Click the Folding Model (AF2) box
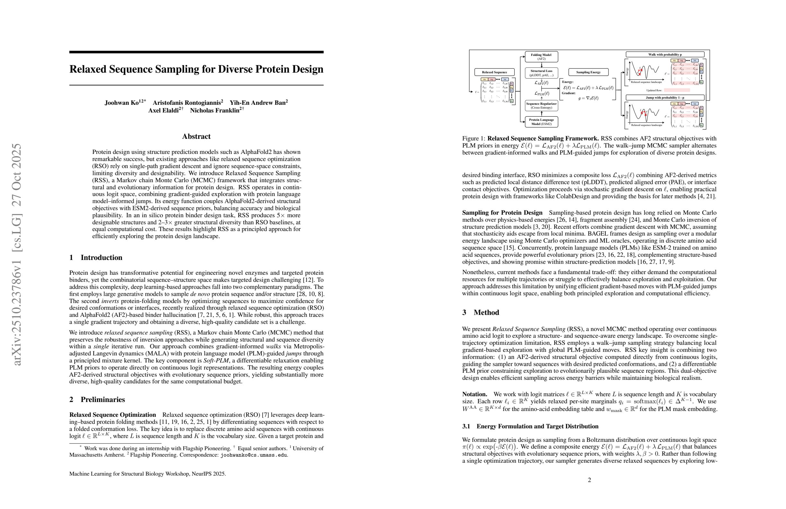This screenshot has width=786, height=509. click(541, 57)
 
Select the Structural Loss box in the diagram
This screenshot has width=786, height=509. click(541, 73)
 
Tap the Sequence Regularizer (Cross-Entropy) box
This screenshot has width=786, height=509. click(541, 105)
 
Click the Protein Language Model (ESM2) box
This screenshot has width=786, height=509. click(541, 122)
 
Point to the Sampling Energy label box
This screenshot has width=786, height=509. click(589, 72)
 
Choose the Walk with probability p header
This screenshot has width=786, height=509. click(665, 55)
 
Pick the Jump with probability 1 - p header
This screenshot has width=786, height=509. click(665, 97)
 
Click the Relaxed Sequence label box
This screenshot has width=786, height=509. click(494, 72)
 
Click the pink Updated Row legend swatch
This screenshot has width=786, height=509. click(677, 90)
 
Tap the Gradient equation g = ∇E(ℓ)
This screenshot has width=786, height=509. click(588, 98)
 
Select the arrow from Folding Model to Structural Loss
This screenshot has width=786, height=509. click(542, 65)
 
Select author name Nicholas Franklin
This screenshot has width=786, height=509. click(215, 111)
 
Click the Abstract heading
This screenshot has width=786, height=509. click(196, 137)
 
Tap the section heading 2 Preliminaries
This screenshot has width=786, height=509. click(97, 400)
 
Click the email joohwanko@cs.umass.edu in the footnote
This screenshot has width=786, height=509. click(254, 455)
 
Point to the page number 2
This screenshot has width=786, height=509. click(589, 480)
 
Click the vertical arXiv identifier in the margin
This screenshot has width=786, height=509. click(16, 254)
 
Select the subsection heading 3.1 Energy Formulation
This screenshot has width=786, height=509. click(530, 426)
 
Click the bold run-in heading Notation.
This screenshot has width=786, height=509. click(475, 394)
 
